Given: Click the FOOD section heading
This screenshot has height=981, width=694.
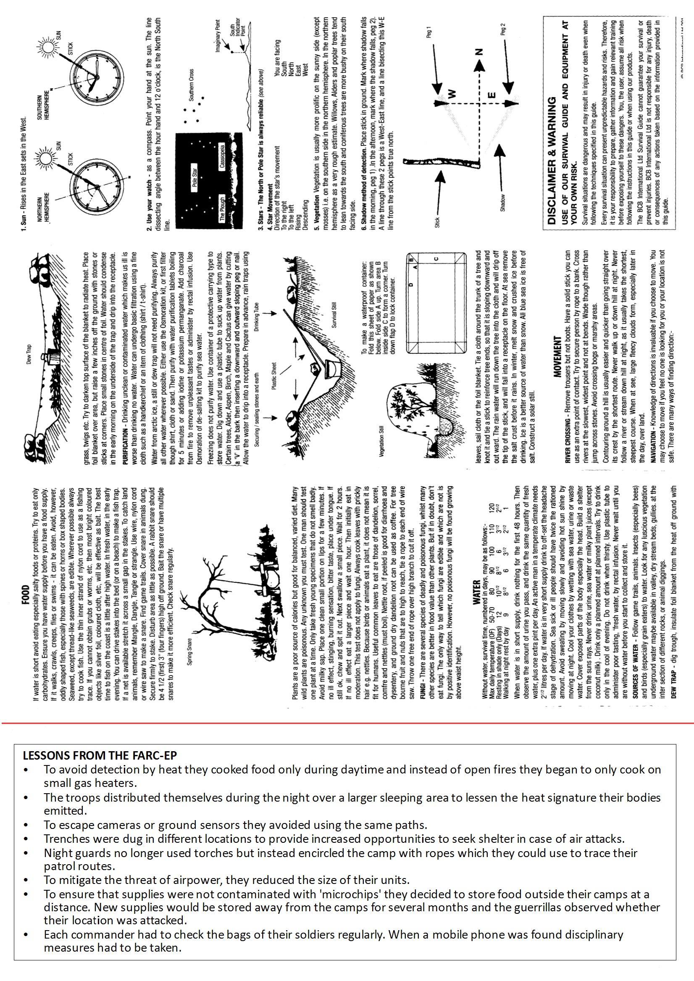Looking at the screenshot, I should [26, 595].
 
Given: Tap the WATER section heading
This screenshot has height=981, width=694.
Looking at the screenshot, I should [476, 592].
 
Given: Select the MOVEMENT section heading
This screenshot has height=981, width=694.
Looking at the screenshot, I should [558, 356].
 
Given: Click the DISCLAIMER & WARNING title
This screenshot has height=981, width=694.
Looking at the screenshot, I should [552, 160].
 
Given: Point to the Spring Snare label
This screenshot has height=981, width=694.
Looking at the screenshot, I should [189, 652].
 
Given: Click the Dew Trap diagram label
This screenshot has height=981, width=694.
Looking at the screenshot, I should [29, 355].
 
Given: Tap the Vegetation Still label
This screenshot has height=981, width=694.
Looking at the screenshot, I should [381, 441].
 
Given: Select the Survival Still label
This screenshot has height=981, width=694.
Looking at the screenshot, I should [334, 315].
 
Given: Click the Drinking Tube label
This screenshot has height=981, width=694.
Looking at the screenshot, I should [256, 317].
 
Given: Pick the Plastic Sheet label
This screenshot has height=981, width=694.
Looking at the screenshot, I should [274, 376].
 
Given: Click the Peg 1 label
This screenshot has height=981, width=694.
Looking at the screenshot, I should [429, 32].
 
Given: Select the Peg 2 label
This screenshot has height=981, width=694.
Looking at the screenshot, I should [503, 29].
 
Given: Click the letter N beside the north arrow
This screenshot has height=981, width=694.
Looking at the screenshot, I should [478, 52].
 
